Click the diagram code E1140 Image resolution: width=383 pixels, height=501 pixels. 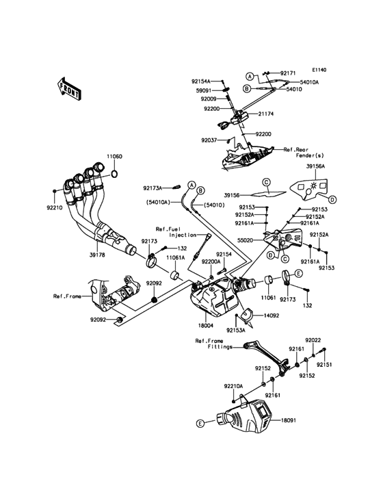319,70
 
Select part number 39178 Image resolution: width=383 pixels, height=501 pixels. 97,255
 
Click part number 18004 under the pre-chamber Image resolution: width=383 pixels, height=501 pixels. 206,326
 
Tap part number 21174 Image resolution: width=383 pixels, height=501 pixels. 266,114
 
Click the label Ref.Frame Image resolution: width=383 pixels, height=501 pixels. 67,296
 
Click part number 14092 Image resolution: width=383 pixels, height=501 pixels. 272,316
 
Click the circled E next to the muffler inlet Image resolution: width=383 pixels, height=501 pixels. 298,274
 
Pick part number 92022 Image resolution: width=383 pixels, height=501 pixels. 313,341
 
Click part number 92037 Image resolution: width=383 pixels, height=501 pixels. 209,140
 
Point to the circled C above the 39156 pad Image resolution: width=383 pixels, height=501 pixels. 266,183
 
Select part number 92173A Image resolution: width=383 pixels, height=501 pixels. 153,188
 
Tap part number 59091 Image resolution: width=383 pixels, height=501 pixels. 204,90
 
